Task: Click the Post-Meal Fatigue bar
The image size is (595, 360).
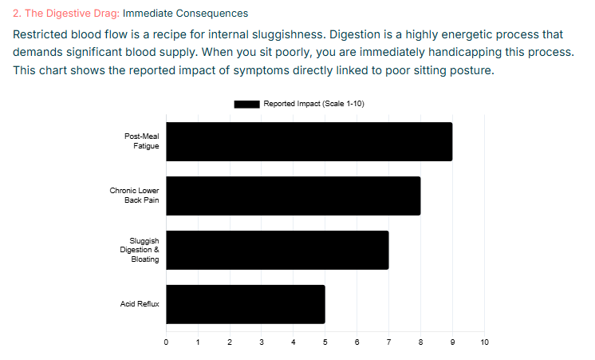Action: pyautogui.click(x=309, y=141)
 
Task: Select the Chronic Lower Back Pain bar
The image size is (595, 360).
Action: pyautogui.click(x=293, y=196)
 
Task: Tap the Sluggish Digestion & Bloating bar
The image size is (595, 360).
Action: pyautogui.click(x=277, y=250)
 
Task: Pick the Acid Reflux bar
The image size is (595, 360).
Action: pyautogui.click(x=245, y=304)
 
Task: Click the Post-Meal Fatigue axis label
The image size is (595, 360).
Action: pyautogui.click(x=141, y=141)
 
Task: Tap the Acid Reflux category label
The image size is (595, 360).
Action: pyautogui.click(x=140, y=304)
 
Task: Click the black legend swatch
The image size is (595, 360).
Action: pyautogui.click(x=246, y=104)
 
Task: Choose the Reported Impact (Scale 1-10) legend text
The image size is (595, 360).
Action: pyautogui.click(x=313, y=104)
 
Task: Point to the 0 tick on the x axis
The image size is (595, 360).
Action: pyautogui.click(x=166, y=342)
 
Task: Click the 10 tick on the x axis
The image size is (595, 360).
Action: pyautogui.click(x=484, y=342)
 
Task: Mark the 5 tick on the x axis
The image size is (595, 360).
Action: pyautogui.click(x=325, y=342)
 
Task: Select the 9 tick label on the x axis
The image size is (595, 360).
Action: pyautogui.click(x=452, y=342)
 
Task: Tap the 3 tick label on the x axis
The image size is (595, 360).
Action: pyautogui.click(x=262, y=342)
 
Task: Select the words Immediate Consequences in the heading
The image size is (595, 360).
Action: pyautogui.click(x=185, y=14)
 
